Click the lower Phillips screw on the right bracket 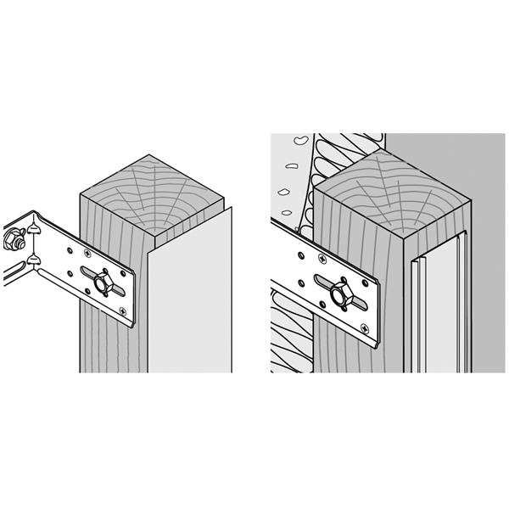point(364,326)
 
